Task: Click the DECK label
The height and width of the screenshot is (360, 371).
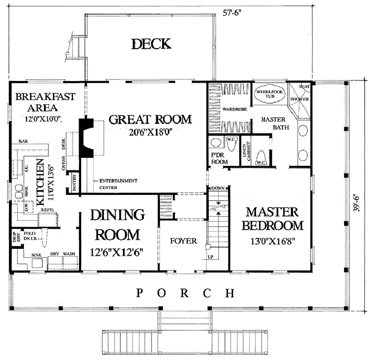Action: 151,43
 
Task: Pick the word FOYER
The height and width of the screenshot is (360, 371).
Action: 183,241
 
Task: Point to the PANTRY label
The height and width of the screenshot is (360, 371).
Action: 75,182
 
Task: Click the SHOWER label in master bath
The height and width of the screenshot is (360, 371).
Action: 299,98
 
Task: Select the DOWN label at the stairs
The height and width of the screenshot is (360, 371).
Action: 218,188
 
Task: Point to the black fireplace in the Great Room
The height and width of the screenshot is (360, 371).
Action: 86,137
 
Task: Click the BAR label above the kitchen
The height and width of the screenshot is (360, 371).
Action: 23,142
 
